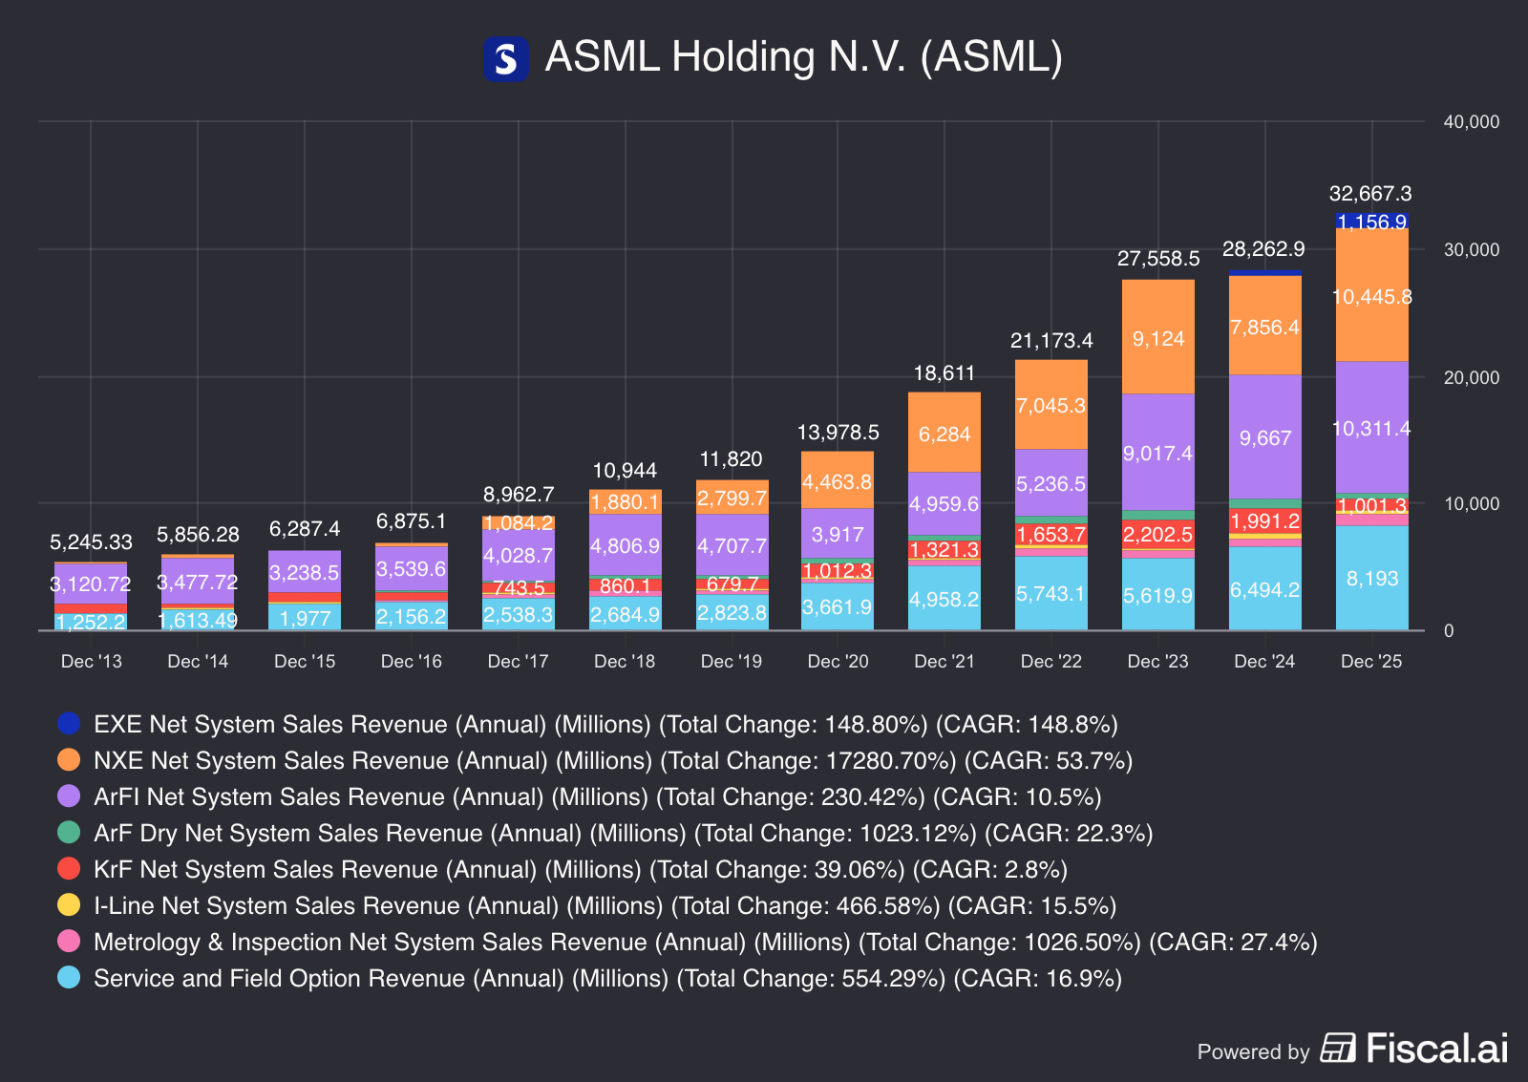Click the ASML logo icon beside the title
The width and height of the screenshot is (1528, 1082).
[505, 58]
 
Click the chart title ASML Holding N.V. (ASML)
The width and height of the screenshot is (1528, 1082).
[803, 57]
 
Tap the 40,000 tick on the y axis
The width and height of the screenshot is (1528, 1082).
[1471, 122]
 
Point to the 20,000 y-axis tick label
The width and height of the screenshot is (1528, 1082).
[1471, 377]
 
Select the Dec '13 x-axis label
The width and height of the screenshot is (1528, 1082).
[92, 662]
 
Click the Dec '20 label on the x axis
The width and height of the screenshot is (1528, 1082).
[838, 662]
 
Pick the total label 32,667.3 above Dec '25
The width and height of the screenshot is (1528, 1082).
[1370, 194]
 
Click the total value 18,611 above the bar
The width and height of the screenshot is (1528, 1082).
[944, 373]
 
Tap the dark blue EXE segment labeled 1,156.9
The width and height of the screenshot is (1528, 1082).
[1372, 222]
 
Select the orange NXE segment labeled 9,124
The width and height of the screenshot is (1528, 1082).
[1158, 338]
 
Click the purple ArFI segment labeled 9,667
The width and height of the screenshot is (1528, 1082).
[1265, 437]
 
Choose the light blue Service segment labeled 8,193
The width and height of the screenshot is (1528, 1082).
[1372, 578]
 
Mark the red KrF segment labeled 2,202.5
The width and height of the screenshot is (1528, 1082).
[1158, 534]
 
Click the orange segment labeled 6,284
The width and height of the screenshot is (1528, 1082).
[944, 434]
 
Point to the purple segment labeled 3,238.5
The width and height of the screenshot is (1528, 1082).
[305, 572]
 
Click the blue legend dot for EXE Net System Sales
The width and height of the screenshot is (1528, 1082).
[69, 724]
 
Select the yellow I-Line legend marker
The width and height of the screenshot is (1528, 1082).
[69, 905]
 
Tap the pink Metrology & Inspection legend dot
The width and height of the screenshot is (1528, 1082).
[69, 942]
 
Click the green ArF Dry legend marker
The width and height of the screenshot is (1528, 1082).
[69, 833]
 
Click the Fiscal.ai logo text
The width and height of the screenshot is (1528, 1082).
[1436, 1049]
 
